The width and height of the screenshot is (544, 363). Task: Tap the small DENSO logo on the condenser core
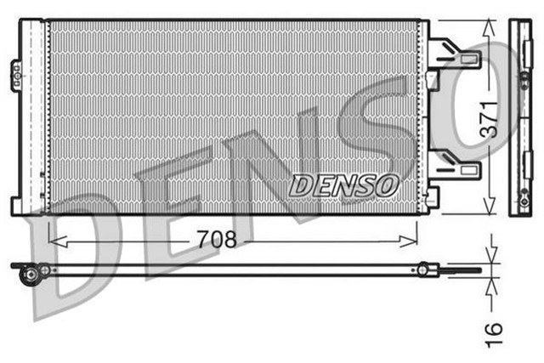point(344,183)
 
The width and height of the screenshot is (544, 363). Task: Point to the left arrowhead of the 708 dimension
point(54,240)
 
